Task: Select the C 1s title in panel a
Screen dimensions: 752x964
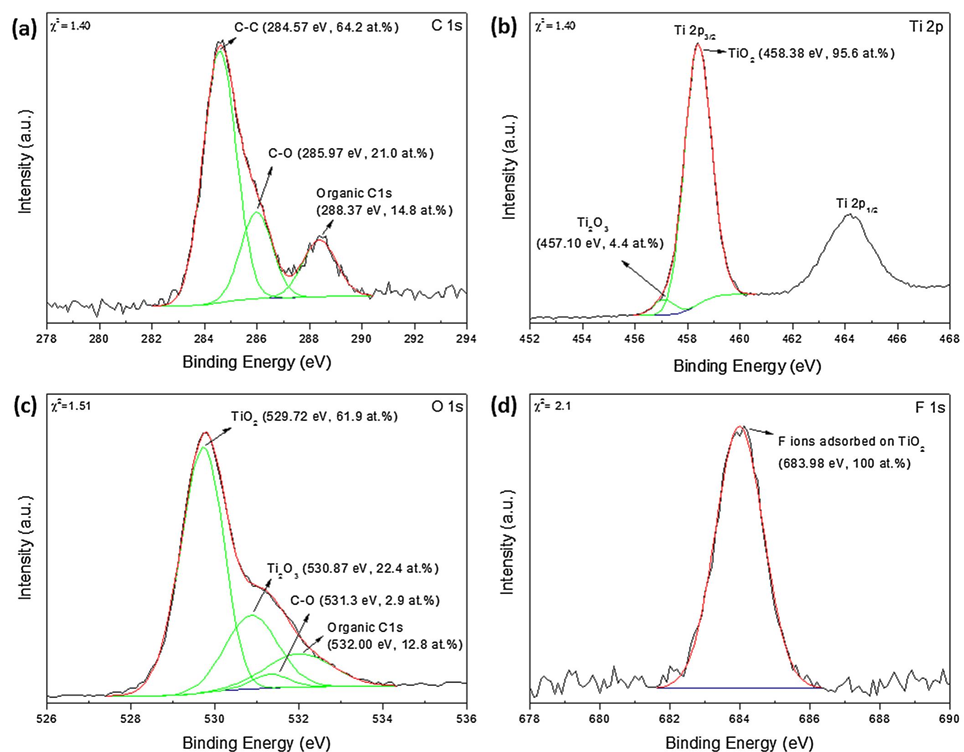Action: pyautogui.click(x=446, y=26)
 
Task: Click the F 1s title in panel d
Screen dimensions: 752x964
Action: pyautogui.click(x=930, y=407)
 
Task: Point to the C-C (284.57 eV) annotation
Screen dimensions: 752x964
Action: pyautogui.click(x=316, y=28)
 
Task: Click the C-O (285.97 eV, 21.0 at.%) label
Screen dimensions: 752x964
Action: pyautogui.click(x=351, y=154)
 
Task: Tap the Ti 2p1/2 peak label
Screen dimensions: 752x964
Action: pyautogui.click(x=856, y=204)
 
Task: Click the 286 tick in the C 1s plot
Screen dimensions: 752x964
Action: pyautogui.click(x=257, y=339)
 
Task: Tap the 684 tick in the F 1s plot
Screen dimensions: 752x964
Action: pyautogui.click(x=740, y=719)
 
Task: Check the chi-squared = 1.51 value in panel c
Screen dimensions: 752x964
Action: pyautogui.click(x=70, y=405)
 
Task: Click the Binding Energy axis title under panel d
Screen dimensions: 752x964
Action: pyautogui.click(x=739, y=743)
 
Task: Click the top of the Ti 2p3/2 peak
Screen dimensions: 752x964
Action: pyautogui.click(x=697, y=44)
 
